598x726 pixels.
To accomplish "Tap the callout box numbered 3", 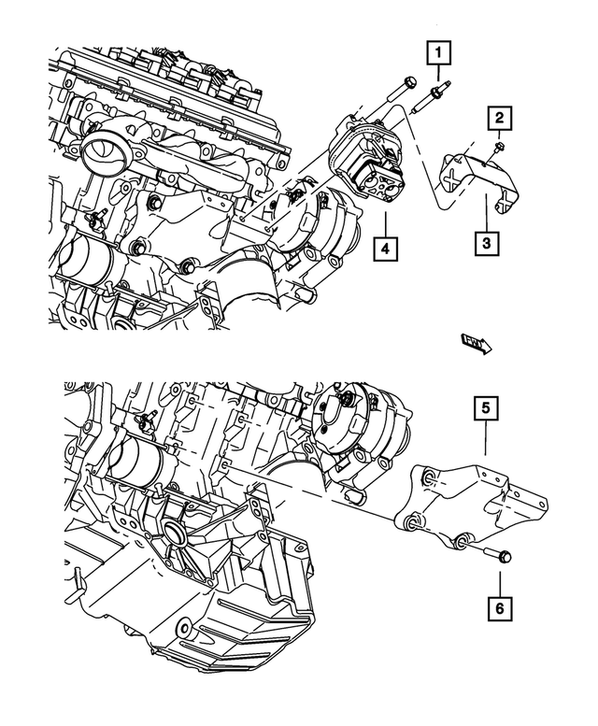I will tap(485, 245).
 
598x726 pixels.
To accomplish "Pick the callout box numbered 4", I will tap(385, 249).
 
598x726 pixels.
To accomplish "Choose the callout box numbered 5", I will tap(485, 408).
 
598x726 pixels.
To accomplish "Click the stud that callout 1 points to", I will tap(434, 93).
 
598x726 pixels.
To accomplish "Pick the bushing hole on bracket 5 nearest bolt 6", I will tap(461, 541).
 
